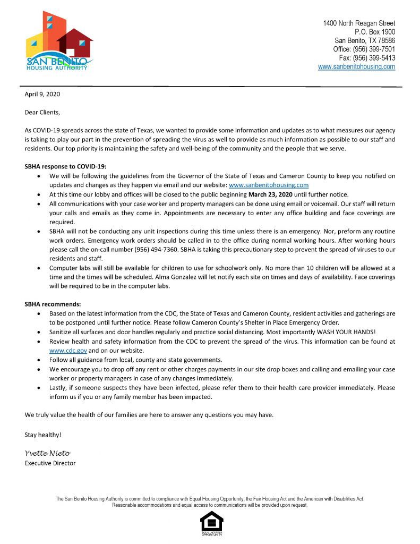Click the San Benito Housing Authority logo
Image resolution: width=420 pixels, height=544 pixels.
[x=59, y=41]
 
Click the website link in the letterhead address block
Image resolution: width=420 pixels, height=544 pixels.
[x=356, y=66]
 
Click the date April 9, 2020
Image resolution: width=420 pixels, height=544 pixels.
[x=42, y=95]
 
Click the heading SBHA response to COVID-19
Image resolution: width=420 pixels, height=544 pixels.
[x=65, y=166]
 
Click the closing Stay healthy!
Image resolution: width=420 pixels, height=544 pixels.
[x=43, y=435]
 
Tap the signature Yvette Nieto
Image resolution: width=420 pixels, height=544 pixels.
[x=48, y=453]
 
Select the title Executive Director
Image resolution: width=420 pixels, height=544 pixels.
[x=50, y=463]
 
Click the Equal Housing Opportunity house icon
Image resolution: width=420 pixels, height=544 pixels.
[x=211, y=523]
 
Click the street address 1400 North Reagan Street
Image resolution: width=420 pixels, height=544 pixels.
[x=359, y=23]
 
